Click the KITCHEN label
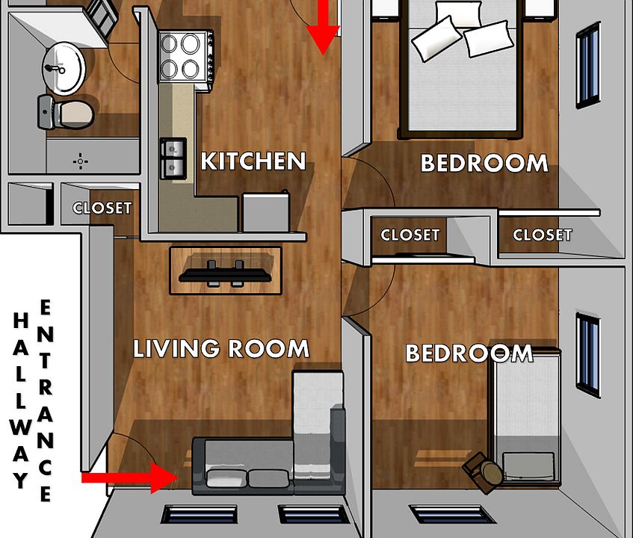[x=253, y=161]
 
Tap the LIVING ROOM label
[x=221, y=348]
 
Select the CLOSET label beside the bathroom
[x=102, y=208]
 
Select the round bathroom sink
[x=64, y=64]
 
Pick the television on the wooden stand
[x=225, y=271]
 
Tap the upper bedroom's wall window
[x=588, y=65]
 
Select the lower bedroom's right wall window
[x=588, y=355]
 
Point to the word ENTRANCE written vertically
[x=46, y=400]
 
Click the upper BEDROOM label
[x=484, y=163]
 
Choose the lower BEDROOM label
[x=469, y=353]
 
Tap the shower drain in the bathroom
[x=80, y=161]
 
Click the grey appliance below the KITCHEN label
[x=265, y=212]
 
